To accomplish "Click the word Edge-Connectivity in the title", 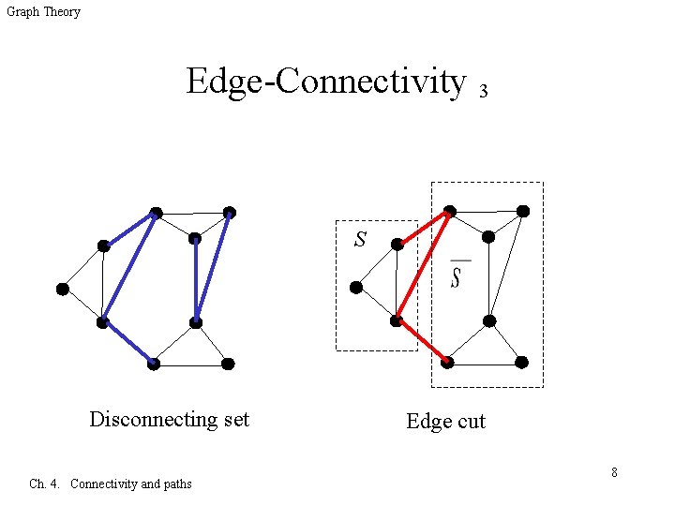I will point(325,82).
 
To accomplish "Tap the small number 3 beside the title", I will point(483,92).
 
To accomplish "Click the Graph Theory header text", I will point(43,12).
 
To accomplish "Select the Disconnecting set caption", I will point(169,419).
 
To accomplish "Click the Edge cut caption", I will point(445,422).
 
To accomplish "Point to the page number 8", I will point(614,472).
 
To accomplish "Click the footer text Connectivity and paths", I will point(131,484).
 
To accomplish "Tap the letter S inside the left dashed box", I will point(360,240).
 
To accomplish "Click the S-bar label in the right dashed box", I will point(456,277).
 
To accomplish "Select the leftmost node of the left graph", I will point(62,289).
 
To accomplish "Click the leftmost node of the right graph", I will point(355,288).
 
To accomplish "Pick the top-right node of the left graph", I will point(230,213).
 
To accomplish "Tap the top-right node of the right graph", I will point(523,211).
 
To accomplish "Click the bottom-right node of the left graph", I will point(228,364).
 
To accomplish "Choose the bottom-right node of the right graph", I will point(521,362).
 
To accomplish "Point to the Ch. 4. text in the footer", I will point(45,484).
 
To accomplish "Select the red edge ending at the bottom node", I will point(422,341).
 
